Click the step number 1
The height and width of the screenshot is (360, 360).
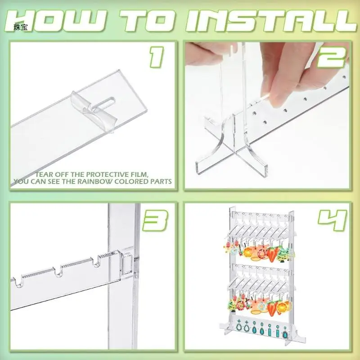[157, 57]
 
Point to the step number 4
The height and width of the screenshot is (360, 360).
[332, 220]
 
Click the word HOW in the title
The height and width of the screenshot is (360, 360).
[55, 21]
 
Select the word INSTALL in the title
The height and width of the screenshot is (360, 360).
[271, 21]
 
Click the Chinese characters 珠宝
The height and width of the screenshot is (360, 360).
[21, 27]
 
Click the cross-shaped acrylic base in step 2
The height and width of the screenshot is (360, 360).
[232, 147]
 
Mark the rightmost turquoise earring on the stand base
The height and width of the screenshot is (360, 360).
[285, 334]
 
